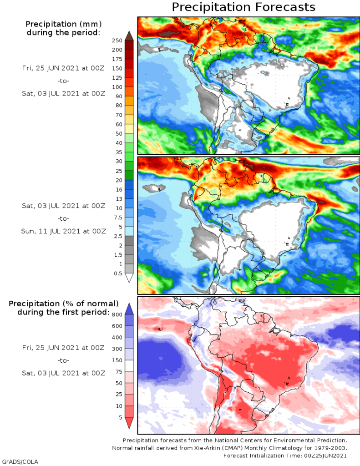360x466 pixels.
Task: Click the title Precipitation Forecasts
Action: click(243, 7)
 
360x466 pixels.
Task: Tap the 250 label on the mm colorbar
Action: click(117, 41)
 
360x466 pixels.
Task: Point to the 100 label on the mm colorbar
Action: click(117, 87)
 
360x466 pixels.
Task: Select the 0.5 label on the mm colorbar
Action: click(118, 274)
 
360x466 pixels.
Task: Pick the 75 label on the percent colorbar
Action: click(119, 372)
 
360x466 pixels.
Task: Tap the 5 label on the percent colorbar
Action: click(121, 417)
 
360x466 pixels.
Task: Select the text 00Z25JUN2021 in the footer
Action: click(326, 456)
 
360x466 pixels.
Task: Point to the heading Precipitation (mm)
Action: click(63, 24)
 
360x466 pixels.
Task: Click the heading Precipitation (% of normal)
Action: click(64, 304)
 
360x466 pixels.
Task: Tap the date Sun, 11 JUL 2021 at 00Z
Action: click(64, 231)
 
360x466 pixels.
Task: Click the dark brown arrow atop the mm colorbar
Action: click(129, 35)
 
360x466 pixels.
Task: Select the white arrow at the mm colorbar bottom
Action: click(129, 278)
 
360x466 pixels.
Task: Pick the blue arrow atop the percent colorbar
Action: click(129, 308)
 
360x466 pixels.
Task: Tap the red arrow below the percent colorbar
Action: click(129, 423)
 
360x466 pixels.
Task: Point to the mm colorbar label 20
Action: click(119, 180)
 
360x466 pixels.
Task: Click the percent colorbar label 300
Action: click(117, 349)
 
